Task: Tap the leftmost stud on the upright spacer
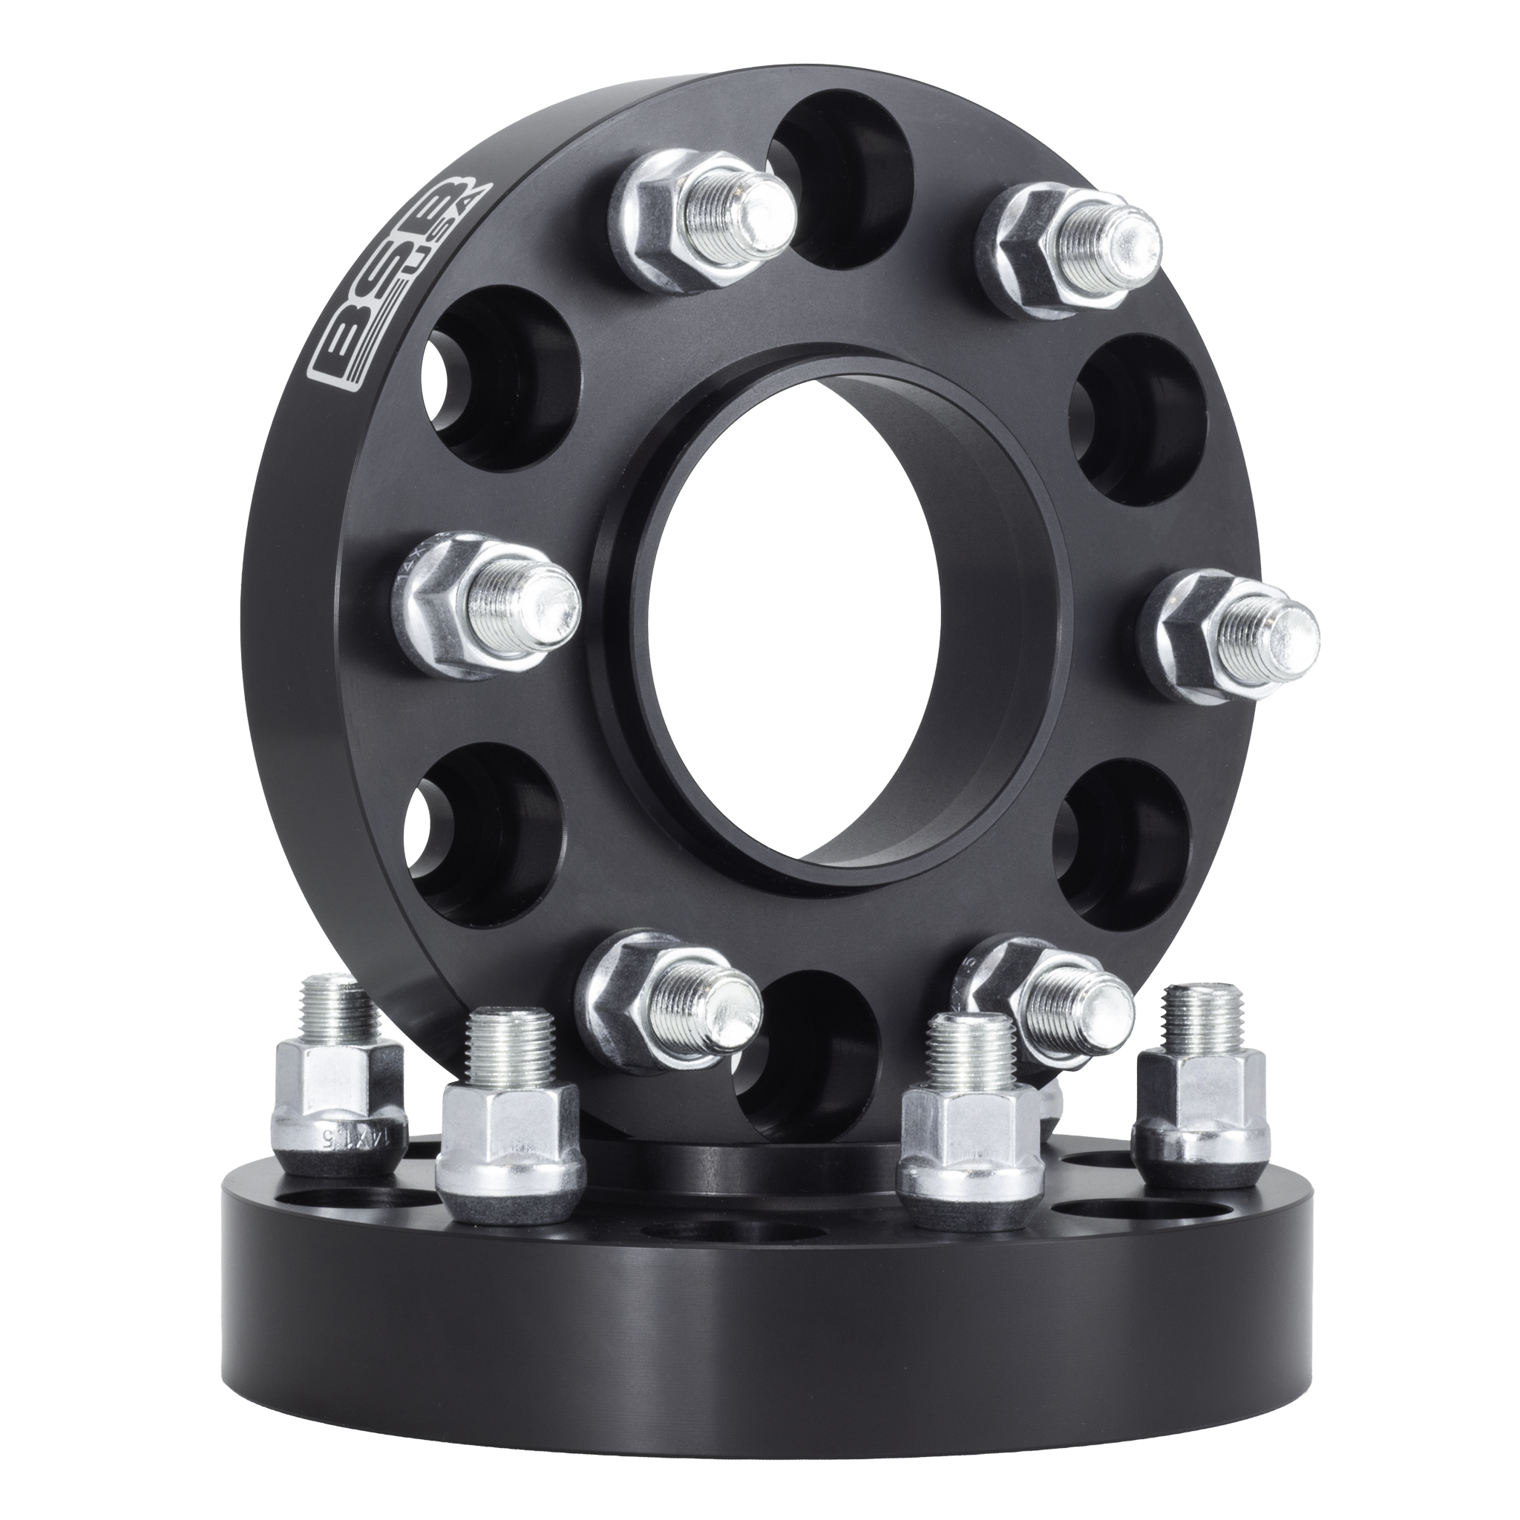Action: pos(488,606)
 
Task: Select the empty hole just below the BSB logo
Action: pos(496,378)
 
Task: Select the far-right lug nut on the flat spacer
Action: pos(1200,1101)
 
